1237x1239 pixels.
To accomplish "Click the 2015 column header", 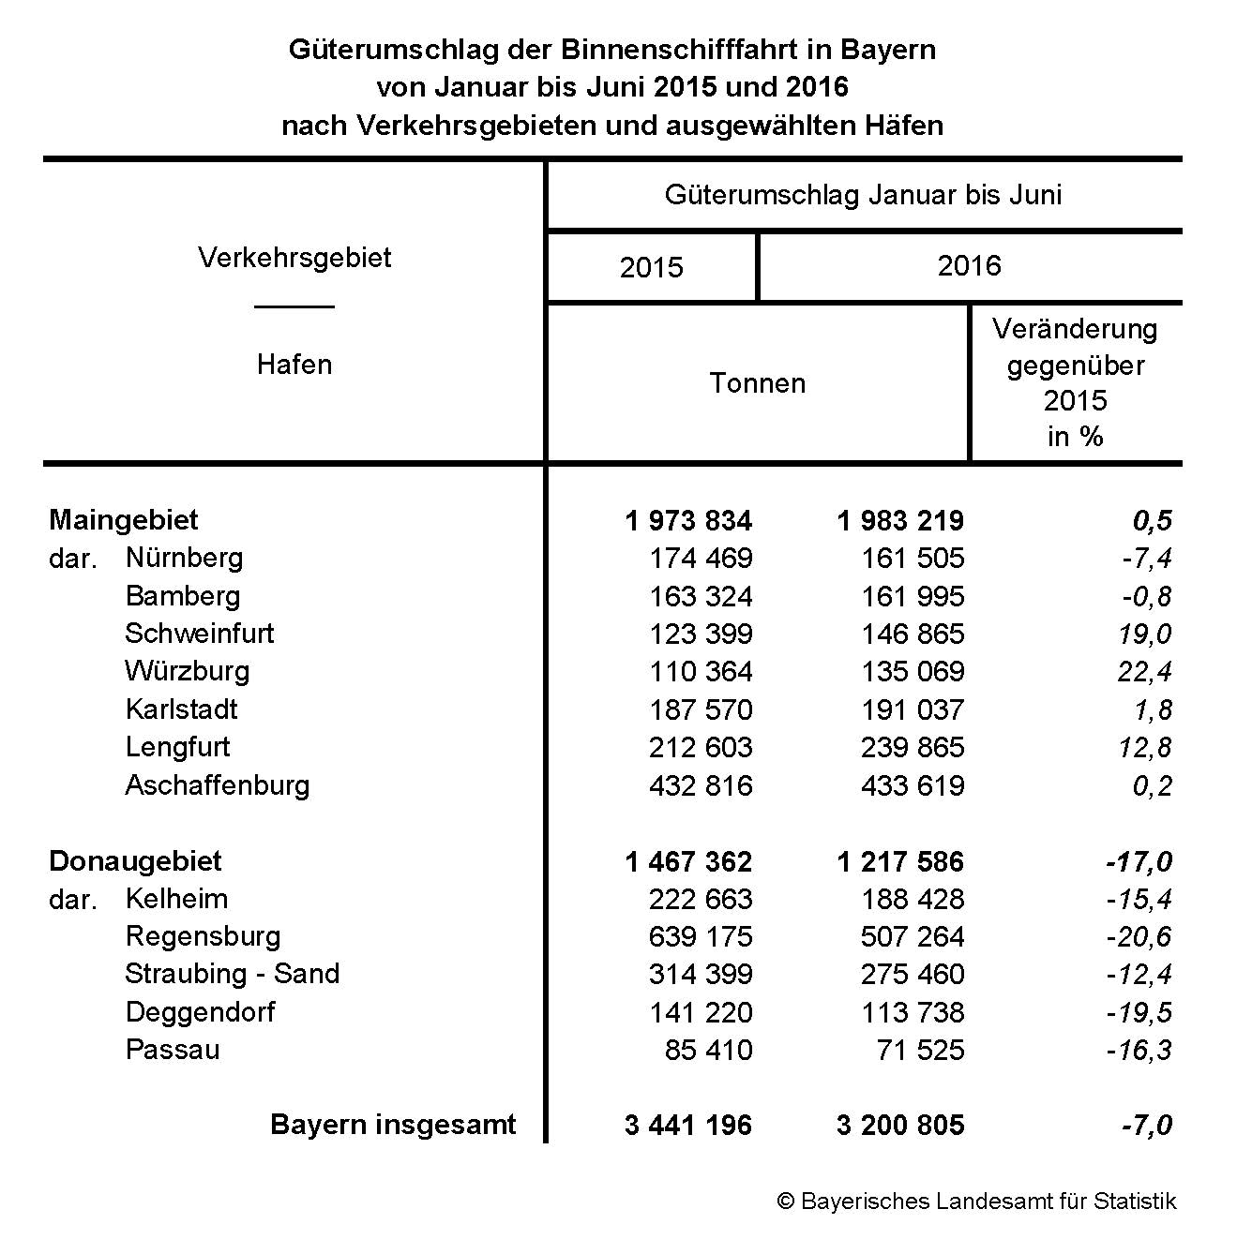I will coord(651,268).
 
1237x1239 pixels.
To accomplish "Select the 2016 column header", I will coord(969,266).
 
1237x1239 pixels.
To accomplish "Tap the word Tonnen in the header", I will coord(757,383).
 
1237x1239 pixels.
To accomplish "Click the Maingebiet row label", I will coord(124,520).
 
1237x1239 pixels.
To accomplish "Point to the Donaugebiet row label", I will coord(135,861).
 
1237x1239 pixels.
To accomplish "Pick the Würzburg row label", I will coord(188,671).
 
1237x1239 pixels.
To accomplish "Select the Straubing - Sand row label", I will coord(232,974).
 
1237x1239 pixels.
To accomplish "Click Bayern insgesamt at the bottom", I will coord(393,1125).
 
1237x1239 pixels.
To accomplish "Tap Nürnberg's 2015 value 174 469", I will coord(700,559).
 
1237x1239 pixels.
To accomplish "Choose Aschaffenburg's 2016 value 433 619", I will coord(912,785).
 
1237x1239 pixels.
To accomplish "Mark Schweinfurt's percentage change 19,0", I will coord(1144,634).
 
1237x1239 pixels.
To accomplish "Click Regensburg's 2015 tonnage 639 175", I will coord(700,936).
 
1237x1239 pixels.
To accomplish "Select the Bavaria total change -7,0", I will coord(1146,1126).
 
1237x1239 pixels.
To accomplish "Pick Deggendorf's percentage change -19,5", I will coord(1139,1012).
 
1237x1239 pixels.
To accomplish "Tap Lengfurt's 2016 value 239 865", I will coord(912,748).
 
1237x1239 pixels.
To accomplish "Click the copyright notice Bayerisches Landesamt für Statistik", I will coord(976,1202).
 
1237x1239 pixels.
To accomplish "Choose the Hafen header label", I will coord(294,365).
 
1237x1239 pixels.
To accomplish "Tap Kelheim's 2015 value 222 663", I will coord(700,899).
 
